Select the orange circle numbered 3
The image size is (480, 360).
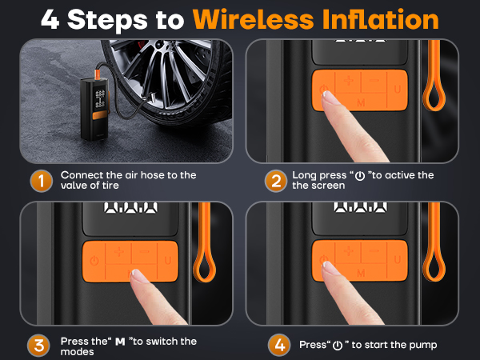(40, 346)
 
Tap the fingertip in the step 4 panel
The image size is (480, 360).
(330, 267)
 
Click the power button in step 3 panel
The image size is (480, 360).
(94, 260)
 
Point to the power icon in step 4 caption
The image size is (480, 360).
(338, 346)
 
